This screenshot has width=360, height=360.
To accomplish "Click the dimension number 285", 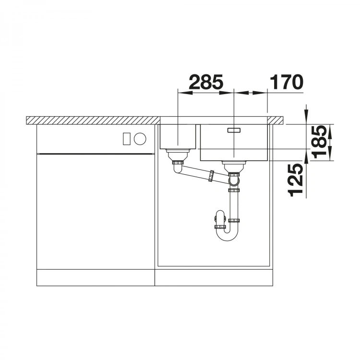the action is (206, 82).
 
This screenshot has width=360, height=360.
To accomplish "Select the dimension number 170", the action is (286, 82).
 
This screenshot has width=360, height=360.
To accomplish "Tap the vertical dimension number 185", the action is (319, 142).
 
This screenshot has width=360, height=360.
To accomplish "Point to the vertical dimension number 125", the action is (295, 180).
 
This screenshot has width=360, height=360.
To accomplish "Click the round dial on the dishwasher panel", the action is (140, 139).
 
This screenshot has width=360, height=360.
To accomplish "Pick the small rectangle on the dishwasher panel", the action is (127, 139).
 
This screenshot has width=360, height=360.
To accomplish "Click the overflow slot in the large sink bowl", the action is (234, 130).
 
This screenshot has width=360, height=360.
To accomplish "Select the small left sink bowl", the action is (178, 137).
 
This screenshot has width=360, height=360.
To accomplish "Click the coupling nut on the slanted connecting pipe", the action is (211, 176).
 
